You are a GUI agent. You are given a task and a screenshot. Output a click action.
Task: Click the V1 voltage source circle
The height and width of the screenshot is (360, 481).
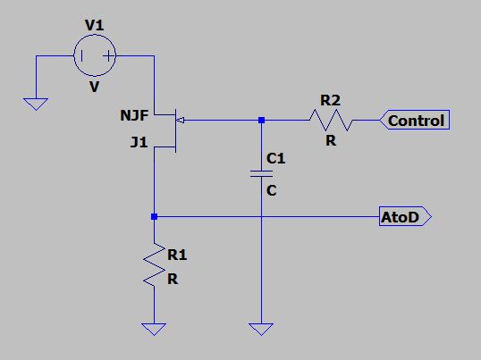pos(95,55)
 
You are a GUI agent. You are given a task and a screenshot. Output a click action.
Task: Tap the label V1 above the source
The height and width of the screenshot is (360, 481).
pos(94,26)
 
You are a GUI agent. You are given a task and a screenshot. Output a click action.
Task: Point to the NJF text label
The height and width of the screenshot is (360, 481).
pos(134,115)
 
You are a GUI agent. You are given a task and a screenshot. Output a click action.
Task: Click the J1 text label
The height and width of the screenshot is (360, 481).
pos(138,141)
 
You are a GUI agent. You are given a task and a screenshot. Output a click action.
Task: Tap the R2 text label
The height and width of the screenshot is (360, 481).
pos(330,100)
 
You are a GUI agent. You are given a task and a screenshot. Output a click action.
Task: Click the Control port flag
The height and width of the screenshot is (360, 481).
pos(415,121)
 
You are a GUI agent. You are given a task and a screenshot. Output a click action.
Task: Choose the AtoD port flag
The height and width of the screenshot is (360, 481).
pos(405,217)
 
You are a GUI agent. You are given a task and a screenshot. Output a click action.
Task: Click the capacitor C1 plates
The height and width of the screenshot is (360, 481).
pos(260,174)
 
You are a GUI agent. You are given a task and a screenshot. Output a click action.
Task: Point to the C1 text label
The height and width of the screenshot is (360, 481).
pos(276,159)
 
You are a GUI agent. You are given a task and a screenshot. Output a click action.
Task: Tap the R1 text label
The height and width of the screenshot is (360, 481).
pos(178,255)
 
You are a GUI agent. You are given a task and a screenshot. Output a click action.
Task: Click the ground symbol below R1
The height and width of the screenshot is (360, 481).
pos(155,329)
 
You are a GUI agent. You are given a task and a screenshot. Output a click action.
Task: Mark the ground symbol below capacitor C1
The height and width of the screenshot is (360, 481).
pos(261,329)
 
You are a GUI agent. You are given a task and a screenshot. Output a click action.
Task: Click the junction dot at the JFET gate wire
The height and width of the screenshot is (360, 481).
pos(261,120)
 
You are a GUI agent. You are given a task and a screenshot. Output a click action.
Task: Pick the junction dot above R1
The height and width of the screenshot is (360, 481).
pos(155,217)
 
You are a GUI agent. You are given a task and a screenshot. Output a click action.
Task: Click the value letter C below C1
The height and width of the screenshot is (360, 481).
pos(272,190)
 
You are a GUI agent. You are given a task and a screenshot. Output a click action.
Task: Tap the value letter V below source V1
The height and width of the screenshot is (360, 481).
pos(94,88)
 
